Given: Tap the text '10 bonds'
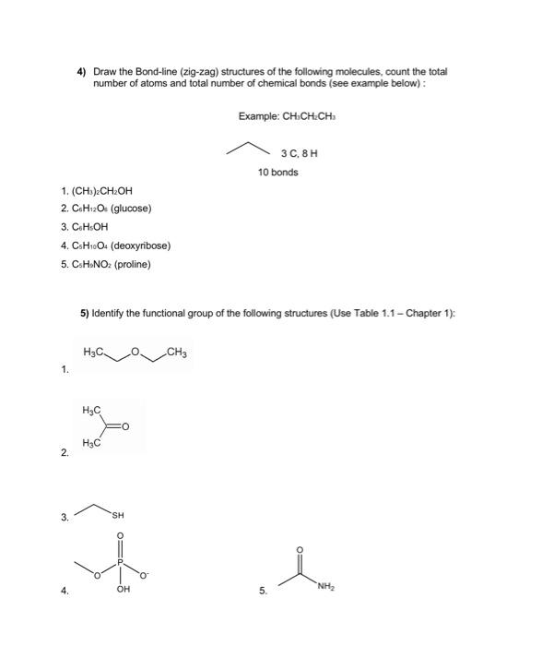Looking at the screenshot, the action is point(277,173).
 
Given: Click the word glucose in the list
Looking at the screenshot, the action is point(129,208).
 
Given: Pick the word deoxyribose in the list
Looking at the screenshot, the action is point(143,245).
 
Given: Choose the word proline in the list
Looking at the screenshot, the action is point(132,265).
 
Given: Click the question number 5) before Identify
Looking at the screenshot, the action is point(84,314).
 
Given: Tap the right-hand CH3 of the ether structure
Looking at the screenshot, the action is point(179,352).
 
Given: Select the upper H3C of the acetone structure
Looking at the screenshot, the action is point(91,409).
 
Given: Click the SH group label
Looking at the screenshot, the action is point(118,515).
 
